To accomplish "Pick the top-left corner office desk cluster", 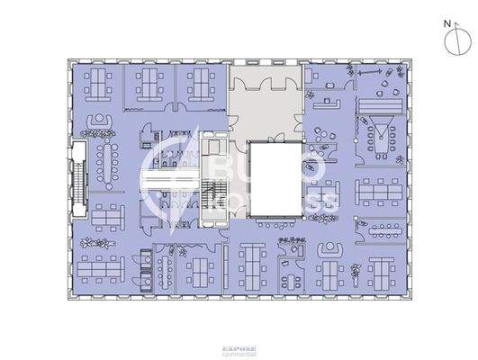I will (95, 85).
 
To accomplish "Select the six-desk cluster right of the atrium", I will (379, 193).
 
